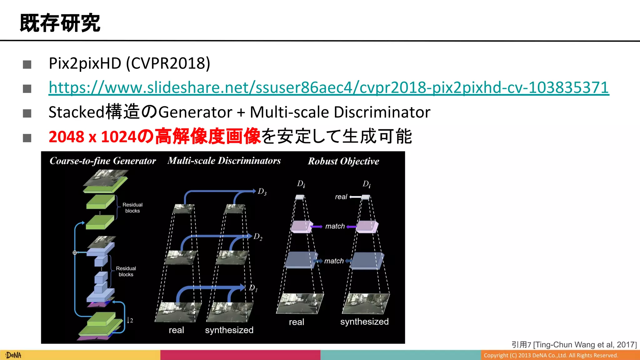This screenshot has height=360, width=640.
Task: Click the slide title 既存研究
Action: click(x=60, y=23)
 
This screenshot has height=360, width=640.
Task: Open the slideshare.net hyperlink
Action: click(x=329, y=87)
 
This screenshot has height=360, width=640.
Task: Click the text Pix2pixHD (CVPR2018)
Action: click(x=129, y=63)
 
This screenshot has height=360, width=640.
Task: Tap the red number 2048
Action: click(x=66, y=137)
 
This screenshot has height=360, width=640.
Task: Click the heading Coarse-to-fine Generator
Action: click(x=102, y=161)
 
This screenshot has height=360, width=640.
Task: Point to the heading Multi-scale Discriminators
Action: click(x=224, y=161)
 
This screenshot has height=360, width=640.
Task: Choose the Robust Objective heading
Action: click(x=343, y=161)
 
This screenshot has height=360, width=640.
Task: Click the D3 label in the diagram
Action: click(x=262, y=192)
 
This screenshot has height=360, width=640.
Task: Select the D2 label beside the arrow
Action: click(x=258, y=237)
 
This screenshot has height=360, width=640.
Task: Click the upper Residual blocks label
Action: click(x=132, y=208)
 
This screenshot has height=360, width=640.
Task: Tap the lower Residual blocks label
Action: click(x=126, y=271)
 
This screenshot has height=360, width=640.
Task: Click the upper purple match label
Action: click(x=335, y=226)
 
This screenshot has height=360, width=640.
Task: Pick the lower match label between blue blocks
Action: click(x=334, y=261)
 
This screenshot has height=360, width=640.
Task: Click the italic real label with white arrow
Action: click(x=341, y=197)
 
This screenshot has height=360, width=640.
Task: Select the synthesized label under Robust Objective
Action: click(x=364, y=322)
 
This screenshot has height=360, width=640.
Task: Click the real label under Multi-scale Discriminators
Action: click(x=176, y=330)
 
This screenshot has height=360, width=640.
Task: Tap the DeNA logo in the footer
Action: click(x=13, y=355)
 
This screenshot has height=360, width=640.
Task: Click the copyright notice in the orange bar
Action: click(x=551, y=355)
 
